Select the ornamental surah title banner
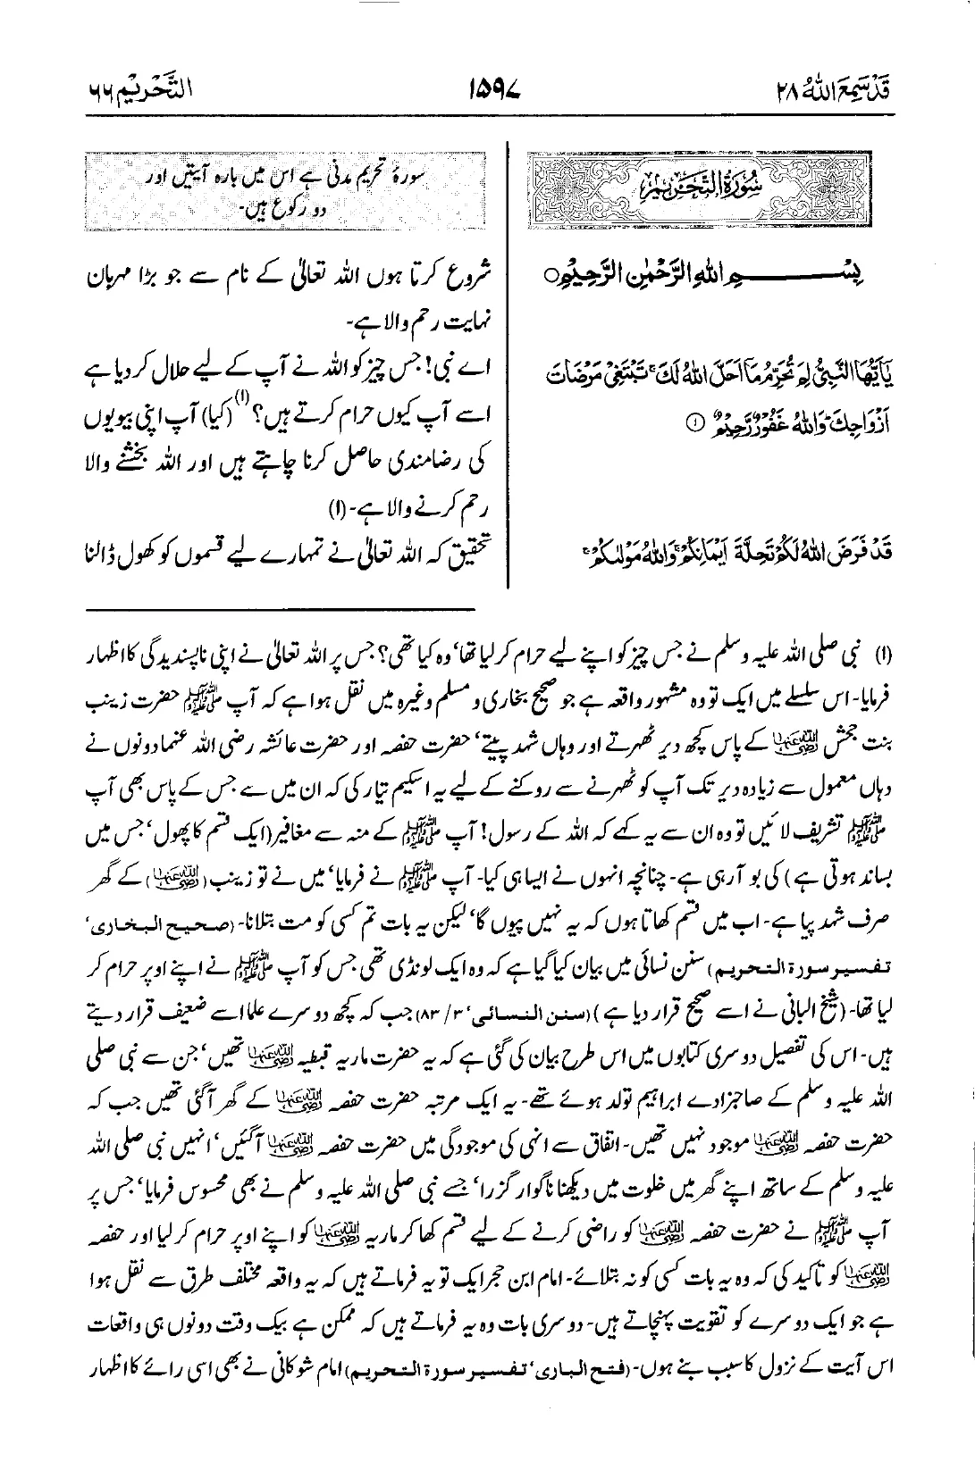click(742, 191)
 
